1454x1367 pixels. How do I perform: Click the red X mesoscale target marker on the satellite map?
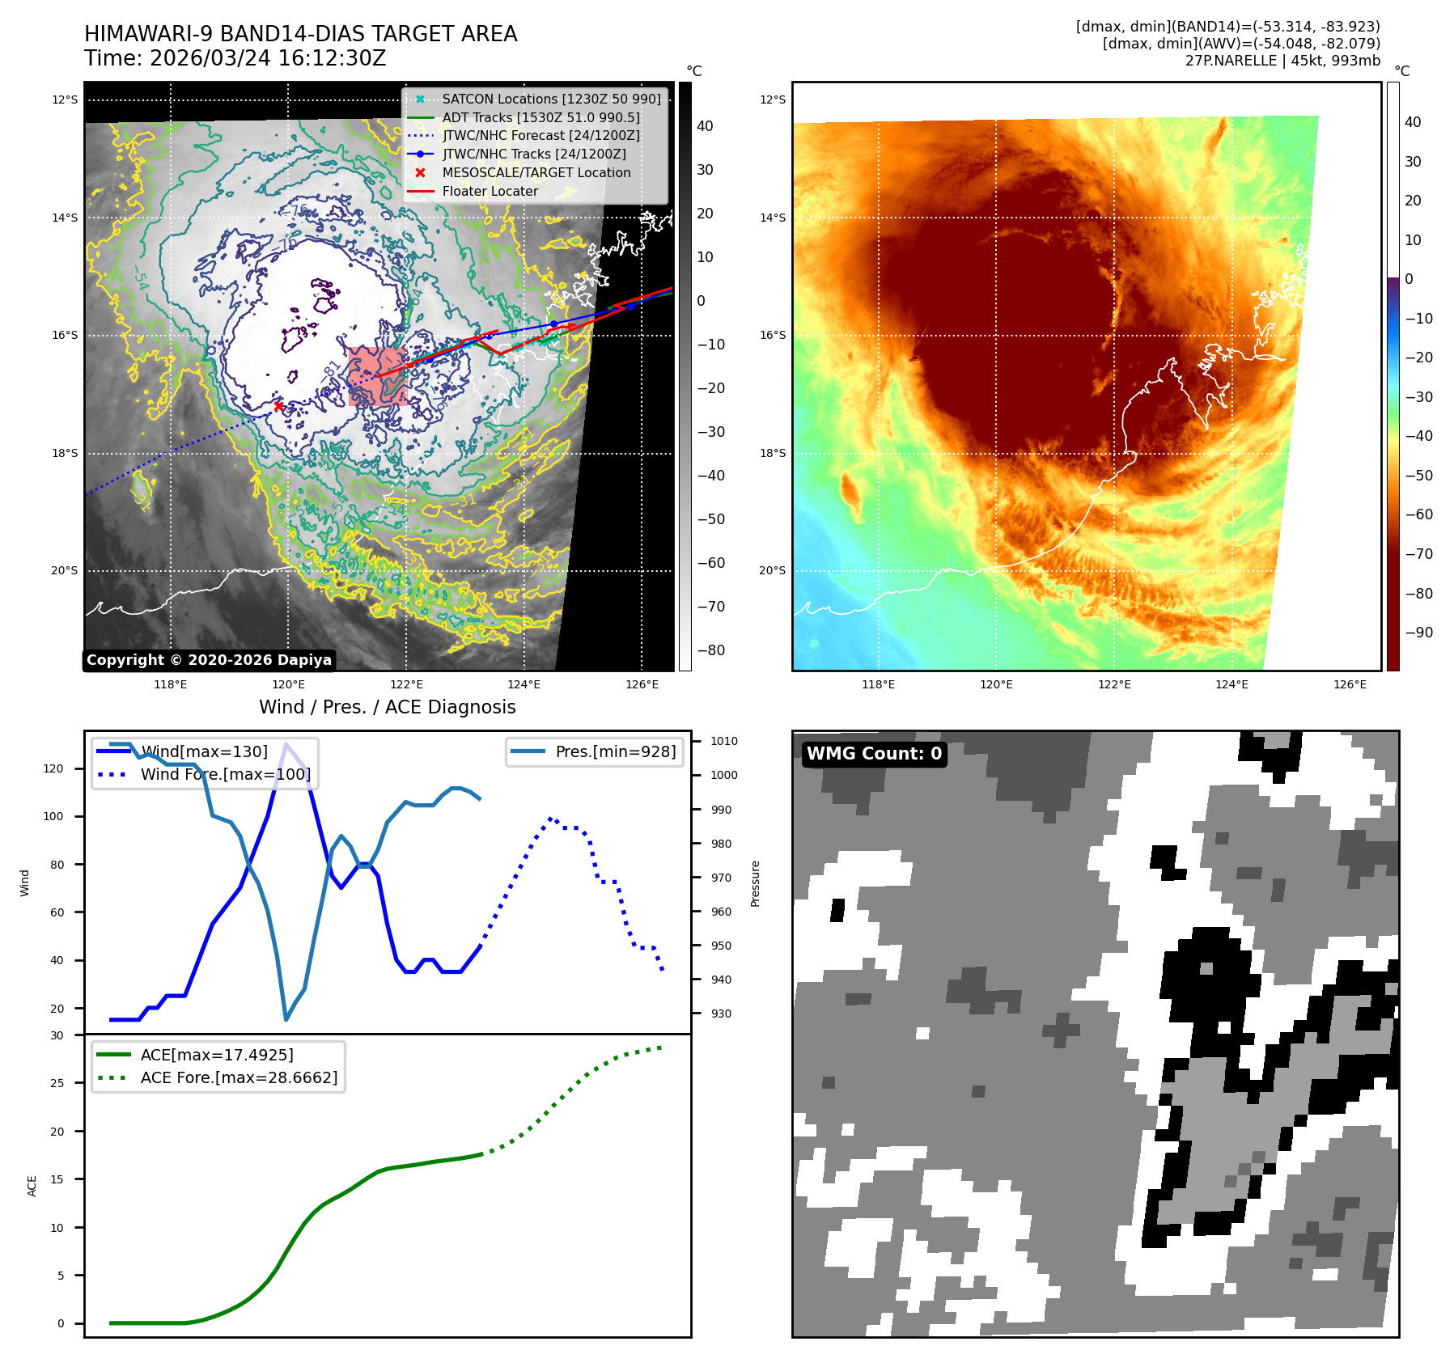278,406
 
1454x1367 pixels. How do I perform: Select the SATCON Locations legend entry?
550,99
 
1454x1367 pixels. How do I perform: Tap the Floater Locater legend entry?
490,191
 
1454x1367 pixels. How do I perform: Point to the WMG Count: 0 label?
874,754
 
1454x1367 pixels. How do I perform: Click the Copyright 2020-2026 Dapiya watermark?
209,660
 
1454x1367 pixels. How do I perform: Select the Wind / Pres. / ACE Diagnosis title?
387,707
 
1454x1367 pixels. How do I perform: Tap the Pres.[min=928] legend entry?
615,751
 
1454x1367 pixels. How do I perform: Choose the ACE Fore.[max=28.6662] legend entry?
239,1077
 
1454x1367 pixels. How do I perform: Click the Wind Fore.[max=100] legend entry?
225,774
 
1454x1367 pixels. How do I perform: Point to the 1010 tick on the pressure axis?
723,741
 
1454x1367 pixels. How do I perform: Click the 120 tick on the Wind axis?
53,768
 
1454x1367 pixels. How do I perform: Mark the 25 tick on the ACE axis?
57,1083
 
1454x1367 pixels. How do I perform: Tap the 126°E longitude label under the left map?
642,684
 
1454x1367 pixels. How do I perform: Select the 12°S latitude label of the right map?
772,99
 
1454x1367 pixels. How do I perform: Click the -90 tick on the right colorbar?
1418,633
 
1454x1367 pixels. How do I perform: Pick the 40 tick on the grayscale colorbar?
705,126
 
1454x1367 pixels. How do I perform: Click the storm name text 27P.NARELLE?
1231,61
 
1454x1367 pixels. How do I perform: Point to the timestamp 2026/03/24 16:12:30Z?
268,58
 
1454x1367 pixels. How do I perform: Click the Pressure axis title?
755,883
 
